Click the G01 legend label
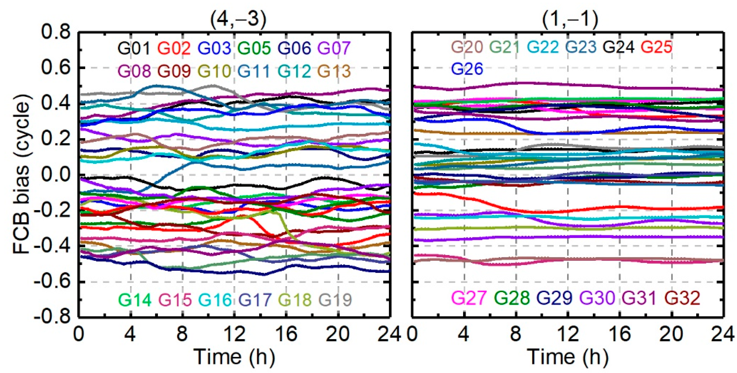click(134, 48)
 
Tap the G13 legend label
click(334, 71)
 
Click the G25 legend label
click(656, 47)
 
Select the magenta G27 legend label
click(468, 298)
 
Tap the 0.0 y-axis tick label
click(56, 175)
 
